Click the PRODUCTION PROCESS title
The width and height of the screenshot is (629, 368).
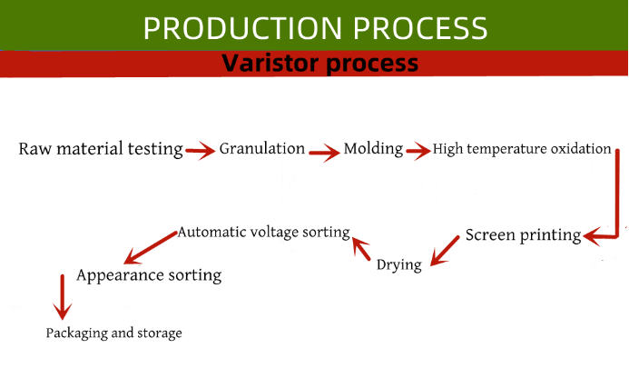315,28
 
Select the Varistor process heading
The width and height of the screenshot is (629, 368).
319,63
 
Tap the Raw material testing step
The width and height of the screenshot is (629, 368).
101,149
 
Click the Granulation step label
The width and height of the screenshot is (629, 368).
262,148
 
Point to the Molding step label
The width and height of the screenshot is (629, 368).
373,149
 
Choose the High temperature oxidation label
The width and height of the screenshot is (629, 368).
522,149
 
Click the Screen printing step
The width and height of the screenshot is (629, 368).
523,235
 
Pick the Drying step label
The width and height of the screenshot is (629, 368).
399,265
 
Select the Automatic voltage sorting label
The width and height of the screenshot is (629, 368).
264,233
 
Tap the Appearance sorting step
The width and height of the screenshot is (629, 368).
149,275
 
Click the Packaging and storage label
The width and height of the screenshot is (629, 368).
114,333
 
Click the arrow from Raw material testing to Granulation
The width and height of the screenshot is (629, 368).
201,151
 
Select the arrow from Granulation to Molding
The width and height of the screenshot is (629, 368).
324,153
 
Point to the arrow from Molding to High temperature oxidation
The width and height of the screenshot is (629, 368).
418,151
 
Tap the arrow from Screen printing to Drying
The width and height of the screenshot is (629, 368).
445,251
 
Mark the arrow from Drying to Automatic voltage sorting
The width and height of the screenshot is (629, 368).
361,248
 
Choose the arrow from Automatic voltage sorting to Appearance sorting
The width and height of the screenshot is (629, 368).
151,247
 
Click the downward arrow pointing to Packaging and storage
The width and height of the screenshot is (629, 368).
63,297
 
